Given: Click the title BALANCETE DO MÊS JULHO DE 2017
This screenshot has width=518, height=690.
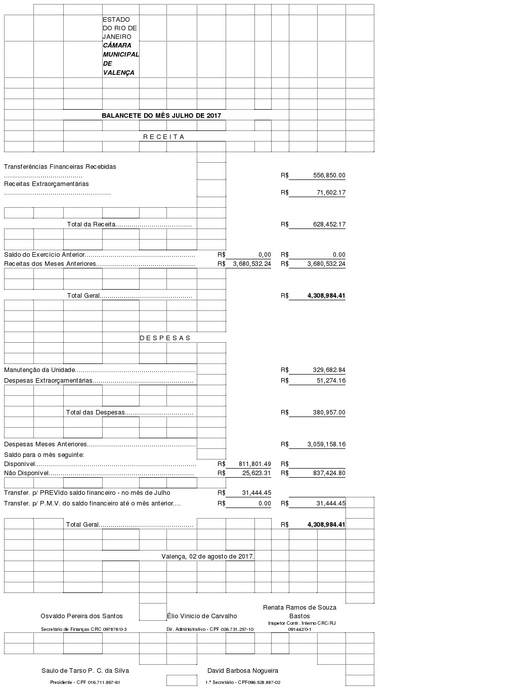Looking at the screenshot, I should (x=161, y=115).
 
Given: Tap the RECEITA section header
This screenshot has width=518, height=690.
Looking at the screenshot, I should (x=164, y=136).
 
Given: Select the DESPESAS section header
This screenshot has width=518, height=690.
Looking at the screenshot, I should (x=165, y=338).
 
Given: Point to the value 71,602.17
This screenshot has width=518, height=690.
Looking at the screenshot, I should (x=331, y=193).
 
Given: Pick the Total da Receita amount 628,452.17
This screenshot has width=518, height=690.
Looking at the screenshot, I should (x=329, y=224).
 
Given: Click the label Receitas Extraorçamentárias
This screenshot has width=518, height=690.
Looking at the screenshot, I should (x=47, y=184).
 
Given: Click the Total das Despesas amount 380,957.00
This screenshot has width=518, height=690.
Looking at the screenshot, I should (x=329, y=412).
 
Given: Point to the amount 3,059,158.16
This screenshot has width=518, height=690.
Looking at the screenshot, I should (x=326, y=444).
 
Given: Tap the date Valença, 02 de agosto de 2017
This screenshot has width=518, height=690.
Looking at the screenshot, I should (x=207, y=556).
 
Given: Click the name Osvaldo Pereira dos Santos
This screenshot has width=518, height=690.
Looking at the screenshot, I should (x=82, y=616).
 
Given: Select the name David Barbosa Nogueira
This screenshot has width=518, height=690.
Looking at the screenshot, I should (x=243, y=671).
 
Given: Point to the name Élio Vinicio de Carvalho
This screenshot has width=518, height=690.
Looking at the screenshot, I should (x=202, y=616).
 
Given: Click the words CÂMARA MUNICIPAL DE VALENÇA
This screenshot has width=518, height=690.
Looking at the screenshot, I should (x=120, y=59).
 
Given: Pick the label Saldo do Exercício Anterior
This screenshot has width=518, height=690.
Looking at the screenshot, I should (x=45, y=255).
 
